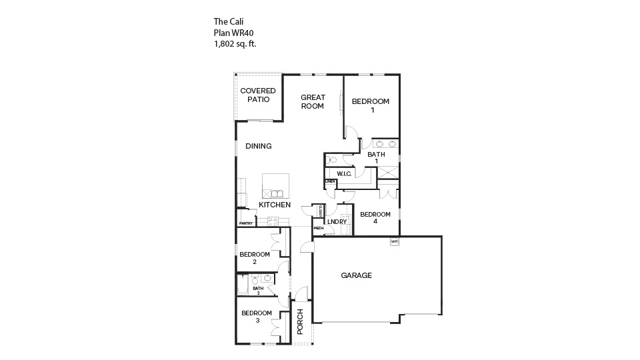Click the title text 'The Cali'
click(x=229, y=21)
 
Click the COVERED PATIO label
click(x=258, y=95)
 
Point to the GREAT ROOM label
click(x=313, y=101)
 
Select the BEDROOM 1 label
click(x=370, y=105)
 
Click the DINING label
click(x=259, y=146)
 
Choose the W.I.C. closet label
click(x=344, y=174)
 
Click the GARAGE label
click(x=356, y=275)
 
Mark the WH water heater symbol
click(x=394, y=241)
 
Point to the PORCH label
click(x=300, y=321)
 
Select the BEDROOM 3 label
click(x=257, y=317)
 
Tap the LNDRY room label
click(x=337, y=222)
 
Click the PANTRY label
click(x=246, y=223)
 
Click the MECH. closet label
click(x=319, y=229)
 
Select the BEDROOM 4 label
click(x=375, y=218)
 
